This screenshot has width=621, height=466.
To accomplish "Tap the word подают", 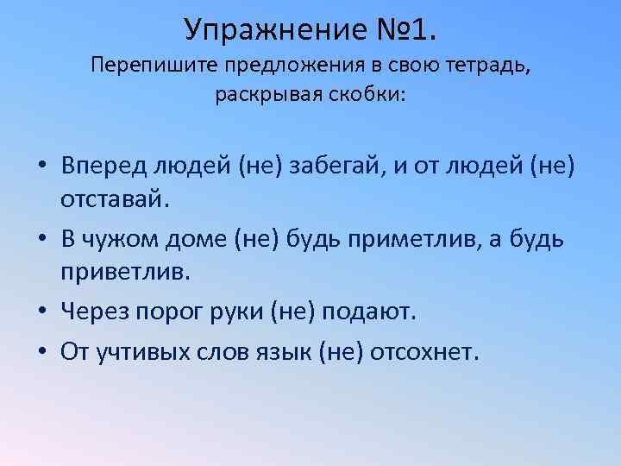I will (368, 310).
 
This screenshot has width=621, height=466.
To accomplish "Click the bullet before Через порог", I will (41, 311).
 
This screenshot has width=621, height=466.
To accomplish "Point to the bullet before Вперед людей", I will (41, 166).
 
